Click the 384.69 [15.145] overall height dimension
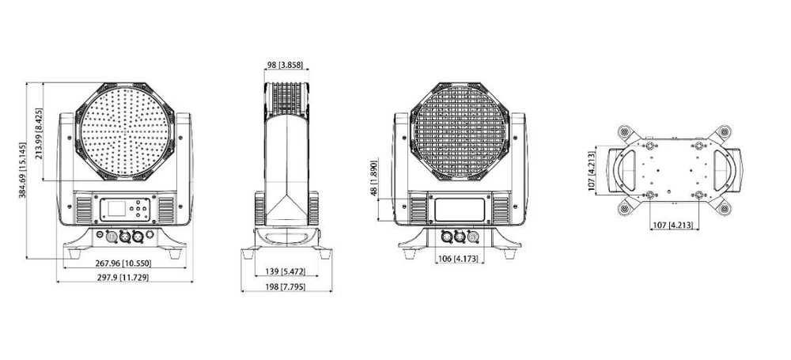[x=24, y=171]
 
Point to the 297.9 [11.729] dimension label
[x=123, y=278]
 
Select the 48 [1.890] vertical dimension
[x=373, y=180]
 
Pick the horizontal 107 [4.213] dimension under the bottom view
[x=672, y=225]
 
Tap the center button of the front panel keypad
[x=140, y=210]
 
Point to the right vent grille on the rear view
[x=501, y=210]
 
